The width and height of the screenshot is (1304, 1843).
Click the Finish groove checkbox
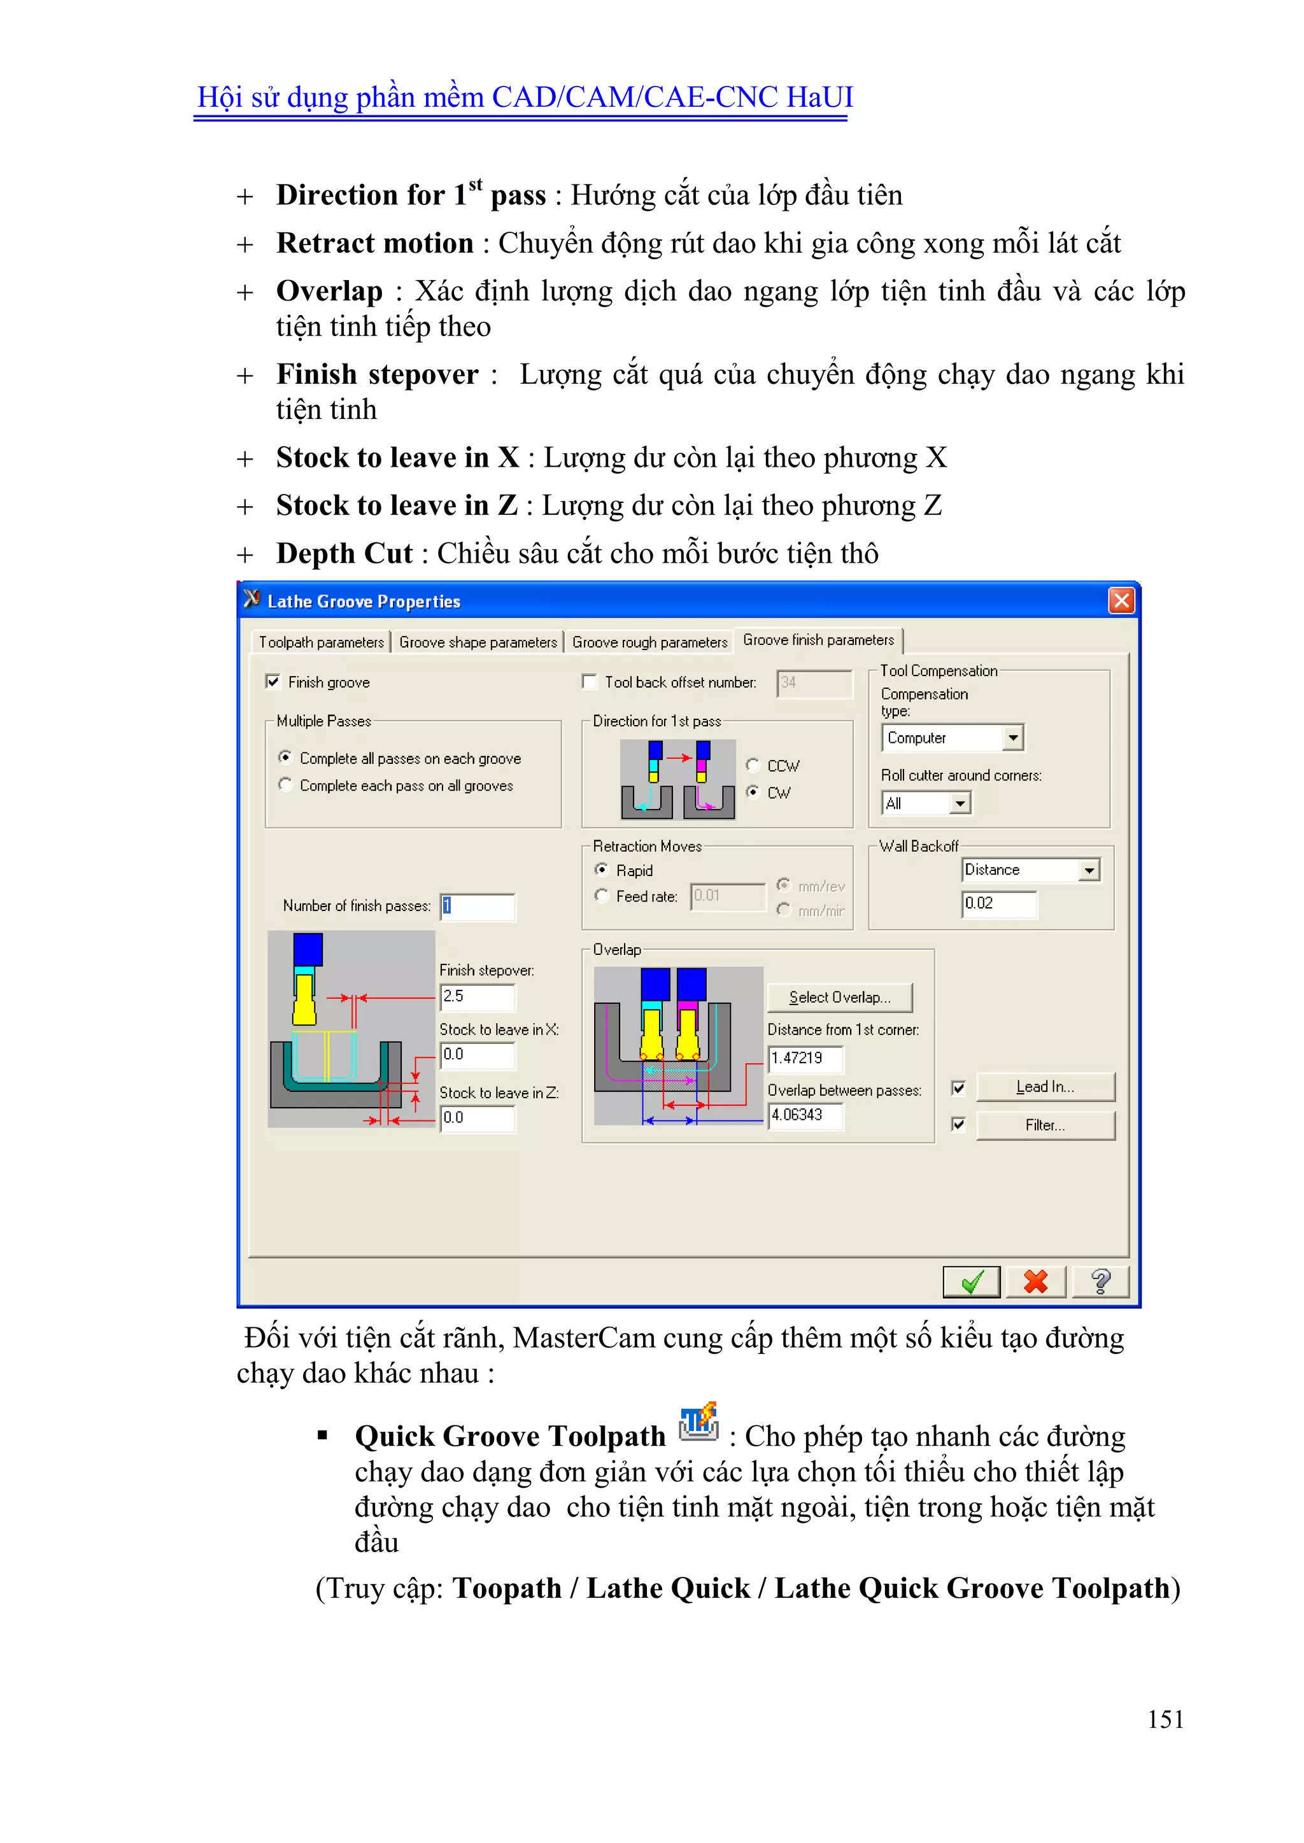tap(273, 681)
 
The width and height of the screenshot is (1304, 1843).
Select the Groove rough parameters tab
tap(649, 642)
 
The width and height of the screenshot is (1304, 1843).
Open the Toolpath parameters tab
tap(321, 642)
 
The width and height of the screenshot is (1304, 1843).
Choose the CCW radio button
tap(753, 765)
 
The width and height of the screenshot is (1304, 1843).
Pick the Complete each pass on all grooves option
tap(286, 785)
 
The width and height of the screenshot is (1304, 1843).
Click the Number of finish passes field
tap(477, 907)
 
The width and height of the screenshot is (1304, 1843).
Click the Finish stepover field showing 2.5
tap(477, 996)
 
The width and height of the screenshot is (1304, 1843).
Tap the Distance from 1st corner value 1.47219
tap(805, 1058)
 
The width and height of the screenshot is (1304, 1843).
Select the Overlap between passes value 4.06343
tap(805, 1115)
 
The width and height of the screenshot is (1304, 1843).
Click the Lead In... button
tap(1045, 1087)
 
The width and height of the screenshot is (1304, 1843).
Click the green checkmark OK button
tap(971, 1282)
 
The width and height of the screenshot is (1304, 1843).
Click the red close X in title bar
tap(1121, 600)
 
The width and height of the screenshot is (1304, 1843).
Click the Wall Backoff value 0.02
tap(998, 904)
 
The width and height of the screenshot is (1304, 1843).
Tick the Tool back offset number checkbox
tap(590, 681)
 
